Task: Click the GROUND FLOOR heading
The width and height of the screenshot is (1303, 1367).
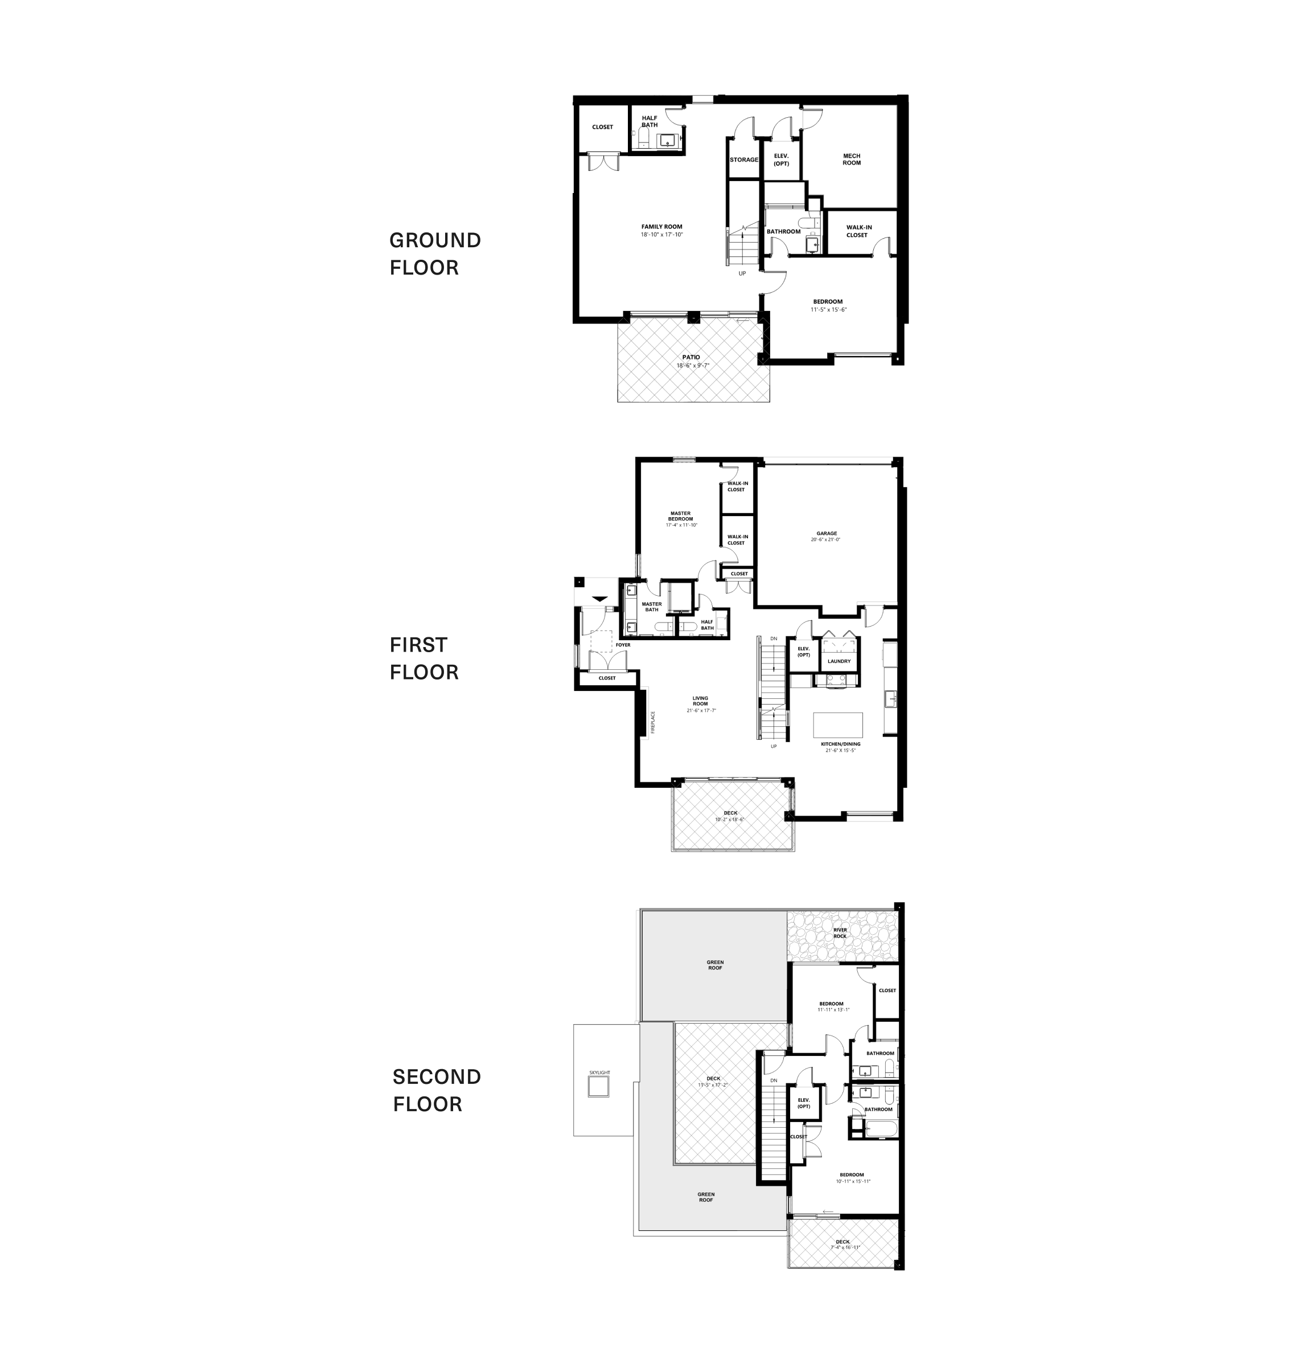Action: tap(435, 253)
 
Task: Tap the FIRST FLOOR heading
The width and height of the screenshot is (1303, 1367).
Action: tap(424, 658)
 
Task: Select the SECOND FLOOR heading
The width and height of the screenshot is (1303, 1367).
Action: tap(436, 1090)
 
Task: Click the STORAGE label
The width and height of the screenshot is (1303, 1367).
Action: tap(744, 160)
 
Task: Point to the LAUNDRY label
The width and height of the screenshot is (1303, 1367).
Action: tap(839, 661)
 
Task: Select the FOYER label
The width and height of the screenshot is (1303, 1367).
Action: tap(623, 645)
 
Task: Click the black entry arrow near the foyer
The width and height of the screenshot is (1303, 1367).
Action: tap(599, 599)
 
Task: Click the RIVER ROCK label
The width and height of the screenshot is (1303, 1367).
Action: tap(840, 932)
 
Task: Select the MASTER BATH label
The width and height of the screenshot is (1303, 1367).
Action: tap(651, 607)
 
